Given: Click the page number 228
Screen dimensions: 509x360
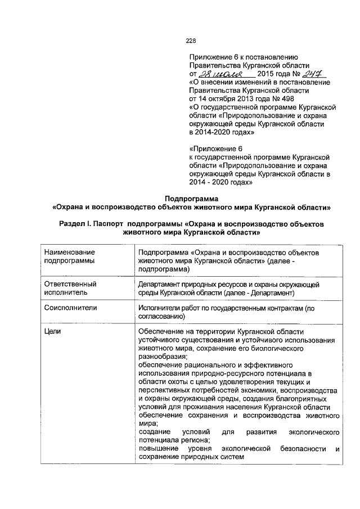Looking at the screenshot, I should coord(191,40).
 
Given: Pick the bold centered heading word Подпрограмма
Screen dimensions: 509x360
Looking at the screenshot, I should coord(191,198).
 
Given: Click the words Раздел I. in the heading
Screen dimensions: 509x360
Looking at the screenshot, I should coord(75,224).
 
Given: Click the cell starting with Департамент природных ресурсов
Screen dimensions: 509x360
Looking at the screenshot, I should coord(229,289).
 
